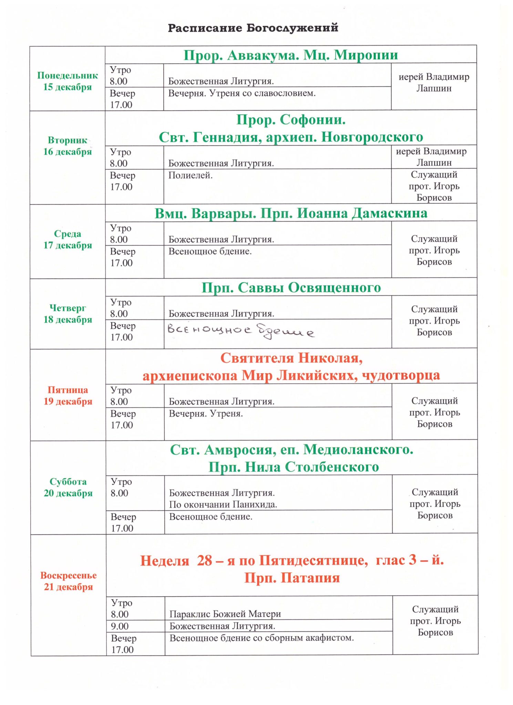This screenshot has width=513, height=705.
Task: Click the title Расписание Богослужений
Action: pyautogui.click(x=253, y=28)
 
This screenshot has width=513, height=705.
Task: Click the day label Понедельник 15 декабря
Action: pyautogui.click(x=68, y=81)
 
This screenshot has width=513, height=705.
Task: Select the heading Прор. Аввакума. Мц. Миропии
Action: pyautogui.click(x=290, y=55)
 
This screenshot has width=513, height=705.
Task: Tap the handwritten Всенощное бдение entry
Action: pyautogui.click(x=240, y=331)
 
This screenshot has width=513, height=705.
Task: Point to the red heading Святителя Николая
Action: pyautogui.click(x=291, y=358)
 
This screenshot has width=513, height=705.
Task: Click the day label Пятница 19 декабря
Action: pyautogui.click(x=68, y=396)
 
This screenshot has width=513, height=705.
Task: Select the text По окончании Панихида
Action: pyautogui.click(x=223, y=505)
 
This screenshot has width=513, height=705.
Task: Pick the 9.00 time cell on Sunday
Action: pyautogui.click(x=120, y=626)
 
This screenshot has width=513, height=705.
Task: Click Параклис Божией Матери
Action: pyautogui.click(x=225, y=614)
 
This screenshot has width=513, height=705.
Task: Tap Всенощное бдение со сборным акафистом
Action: pyautogui.click(x=261, y=638)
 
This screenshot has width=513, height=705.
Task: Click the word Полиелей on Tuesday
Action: pyautogui.click(x=190, y=176)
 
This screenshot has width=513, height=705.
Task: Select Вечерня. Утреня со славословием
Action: pyautogui.click(x=242, y=93)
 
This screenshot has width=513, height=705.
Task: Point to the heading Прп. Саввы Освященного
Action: pyautogui.click(x=291, y=288)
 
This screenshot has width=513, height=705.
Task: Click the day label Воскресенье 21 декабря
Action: pyautogui.click(x=68, y=581)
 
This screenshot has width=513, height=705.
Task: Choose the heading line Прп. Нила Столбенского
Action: pyautogui.click(x=294, y=467)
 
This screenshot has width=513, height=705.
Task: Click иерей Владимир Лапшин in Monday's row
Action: pyautogui.click(x=434, y=83)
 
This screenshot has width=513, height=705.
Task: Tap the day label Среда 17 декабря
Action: pyautogui.click(x=68, y=240)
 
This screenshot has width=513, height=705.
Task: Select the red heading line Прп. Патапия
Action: pyautogui.click(x=292, y=578)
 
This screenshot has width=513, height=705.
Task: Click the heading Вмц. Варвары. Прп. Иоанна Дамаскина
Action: pyautogui.click(x=291, y=213)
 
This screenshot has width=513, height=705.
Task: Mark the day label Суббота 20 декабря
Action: pyautogui.click(x=68, y=487)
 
